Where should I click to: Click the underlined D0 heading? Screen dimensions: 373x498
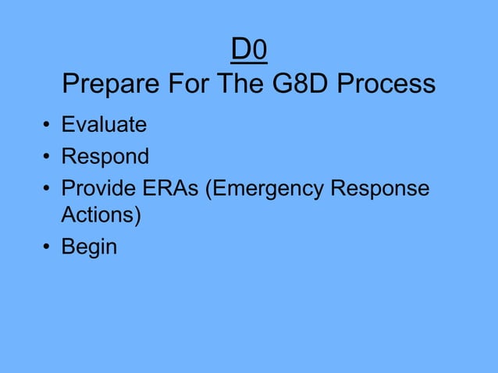[x=250, y=50]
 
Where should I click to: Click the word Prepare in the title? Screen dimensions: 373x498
[x=109, y=83]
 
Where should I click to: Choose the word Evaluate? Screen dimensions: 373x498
[x=104, y=124]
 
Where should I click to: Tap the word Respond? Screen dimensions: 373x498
[x=105, y=157]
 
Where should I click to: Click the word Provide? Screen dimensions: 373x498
[x=100, y=190]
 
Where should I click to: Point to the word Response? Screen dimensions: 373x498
[x=383, y=190]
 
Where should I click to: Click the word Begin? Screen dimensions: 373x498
[x=89, y=247]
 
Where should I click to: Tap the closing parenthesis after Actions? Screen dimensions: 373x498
[x=138, y=215]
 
